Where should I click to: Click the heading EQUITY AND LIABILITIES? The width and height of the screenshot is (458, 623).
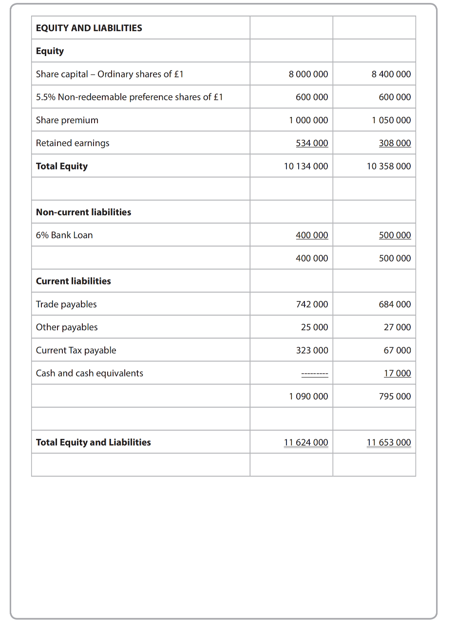(89, 28)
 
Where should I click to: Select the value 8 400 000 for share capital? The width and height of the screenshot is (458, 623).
(391, 74)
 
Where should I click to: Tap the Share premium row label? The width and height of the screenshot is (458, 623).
(67, 120)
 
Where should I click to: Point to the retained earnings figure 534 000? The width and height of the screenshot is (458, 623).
(312, 143)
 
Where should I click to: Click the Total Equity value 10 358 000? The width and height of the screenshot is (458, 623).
(388, 166)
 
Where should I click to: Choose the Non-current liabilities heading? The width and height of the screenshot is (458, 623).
(83, 212)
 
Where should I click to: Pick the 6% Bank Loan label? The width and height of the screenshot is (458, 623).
(64, 235)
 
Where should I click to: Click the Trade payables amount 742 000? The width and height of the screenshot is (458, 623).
(312, 304)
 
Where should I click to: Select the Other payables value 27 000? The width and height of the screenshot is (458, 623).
(397, 327)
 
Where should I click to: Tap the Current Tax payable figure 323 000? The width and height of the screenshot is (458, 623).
(312, 350)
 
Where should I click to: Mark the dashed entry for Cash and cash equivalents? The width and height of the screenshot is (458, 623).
(314, 374)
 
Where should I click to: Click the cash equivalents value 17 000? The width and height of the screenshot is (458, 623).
(397, 373)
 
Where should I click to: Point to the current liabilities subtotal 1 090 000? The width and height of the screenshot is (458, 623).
(308, 396)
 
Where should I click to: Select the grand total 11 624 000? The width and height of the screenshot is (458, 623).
(306, 442)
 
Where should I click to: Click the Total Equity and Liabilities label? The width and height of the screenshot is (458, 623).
(94, 442)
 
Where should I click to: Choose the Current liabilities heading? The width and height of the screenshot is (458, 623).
(74, 281)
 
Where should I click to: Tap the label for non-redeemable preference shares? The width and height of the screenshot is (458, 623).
(129, 97)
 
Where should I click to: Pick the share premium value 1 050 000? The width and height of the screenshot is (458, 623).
(391, 120)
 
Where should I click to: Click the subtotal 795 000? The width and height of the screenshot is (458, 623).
(395, 396)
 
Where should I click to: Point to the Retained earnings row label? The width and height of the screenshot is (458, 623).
(73, 143)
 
